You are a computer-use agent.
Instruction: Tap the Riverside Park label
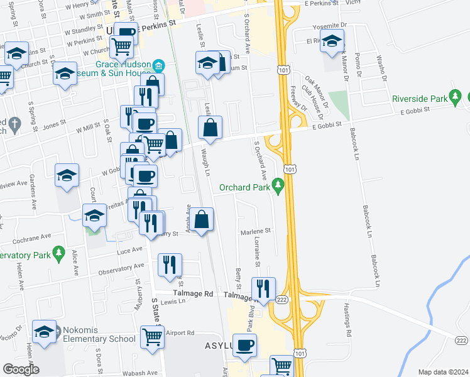coord(419,99)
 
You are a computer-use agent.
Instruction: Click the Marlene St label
coord(254,231)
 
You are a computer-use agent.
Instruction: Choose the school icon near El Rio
coord(332,41)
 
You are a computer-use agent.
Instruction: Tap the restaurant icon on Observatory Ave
coord(169,265)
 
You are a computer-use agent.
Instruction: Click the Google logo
coord(21,369)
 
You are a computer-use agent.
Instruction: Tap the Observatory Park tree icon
coord(59,254)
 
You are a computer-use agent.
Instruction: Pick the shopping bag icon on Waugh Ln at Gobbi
coord(210,128)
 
